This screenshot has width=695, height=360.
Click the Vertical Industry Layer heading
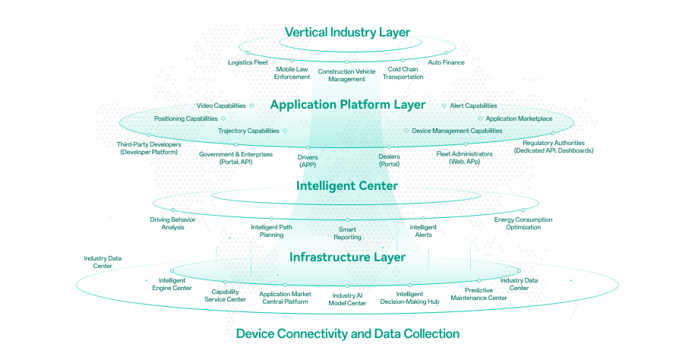[347, 32]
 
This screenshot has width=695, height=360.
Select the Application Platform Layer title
[347, 105]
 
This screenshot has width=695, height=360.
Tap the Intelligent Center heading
[347, 185]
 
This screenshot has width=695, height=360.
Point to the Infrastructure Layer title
[347, 257]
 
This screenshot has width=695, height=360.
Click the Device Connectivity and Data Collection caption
[347, 333]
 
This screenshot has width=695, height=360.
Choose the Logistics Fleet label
[248, 62]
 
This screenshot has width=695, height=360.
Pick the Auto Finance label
[446, 62]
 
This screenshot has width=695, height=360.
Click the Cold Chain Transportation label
[403, 73]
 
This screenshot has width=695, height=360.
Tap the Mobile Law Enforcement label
[292, 73]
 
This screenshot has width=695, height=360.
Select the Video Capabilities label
[221, 106]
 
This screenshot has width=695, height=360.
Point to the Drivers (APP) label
[308, 160]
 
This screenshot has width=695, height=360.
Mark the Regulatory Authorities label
[553, 147]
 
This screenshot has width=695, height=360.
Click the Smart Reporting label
[347, 233]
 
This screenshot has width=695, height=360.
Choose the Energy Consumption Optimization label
[523, 224]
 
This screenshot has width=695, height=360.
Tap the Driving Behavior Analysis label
[172, 224]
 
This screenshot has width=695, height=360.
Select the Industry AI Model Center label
[347, 298]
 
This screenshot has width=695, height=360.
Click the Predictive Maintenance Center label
[475, 294]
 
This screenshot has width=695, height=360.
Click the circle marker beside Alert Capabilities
[444, 106]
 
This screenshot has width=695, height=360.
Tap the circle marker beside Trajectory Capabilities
[285, 131]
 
